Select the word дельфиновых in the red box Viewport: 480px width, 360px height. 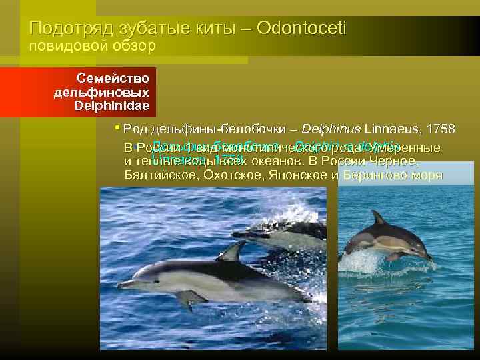pyautogui.click(x=102, y=91)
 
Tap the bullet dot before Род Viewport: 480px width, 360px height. pyautogui.click(x=117, y=127)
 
